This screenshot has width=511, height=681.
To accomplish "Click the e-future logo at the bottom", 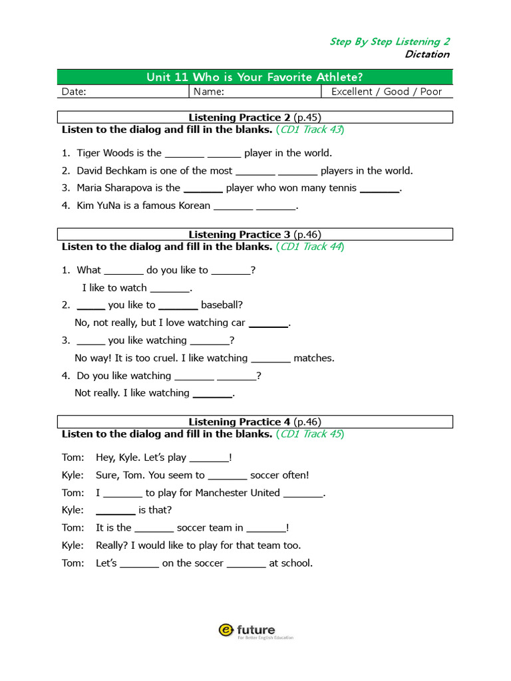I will pyautogui.click(x=255, y=630).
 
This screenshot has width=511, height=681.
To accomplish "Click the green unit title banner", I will pyautogui.click(x=255, y=77).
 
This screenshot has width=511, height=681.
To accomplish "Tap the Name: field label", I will pyautogui.click(x=209, y=92).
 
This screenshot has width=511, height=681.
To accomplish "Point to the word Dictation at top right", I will pyautogui.click(x=426, y=55).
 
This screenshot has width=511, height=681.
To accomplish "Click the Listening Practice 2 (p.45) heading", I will pyautogui.click(x=255, y=118).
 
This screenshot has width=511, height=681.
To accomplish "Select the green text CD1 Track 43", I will pyautogui.click(x=311, y=130).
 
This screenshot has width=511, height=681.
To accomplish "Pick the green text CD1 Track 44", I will pyautogui.click(x=311, y=247).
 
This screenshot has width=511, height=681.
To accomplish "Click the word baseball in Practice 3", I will pyautogui.click(x=222, y=305).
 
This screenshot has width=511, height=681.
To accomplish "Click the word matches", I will pyautogui.click(x=314, y=358).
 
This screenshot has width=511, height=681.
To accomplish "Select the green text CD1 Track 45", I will pyautogui.click(x=311, y=434).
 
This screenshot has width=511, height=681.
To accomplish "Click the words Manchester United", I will pyautogui.click(x=238, y=493).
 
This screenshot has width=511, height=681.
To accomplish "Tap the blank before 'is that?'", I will pyautogui.click(x=116, y=511).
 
